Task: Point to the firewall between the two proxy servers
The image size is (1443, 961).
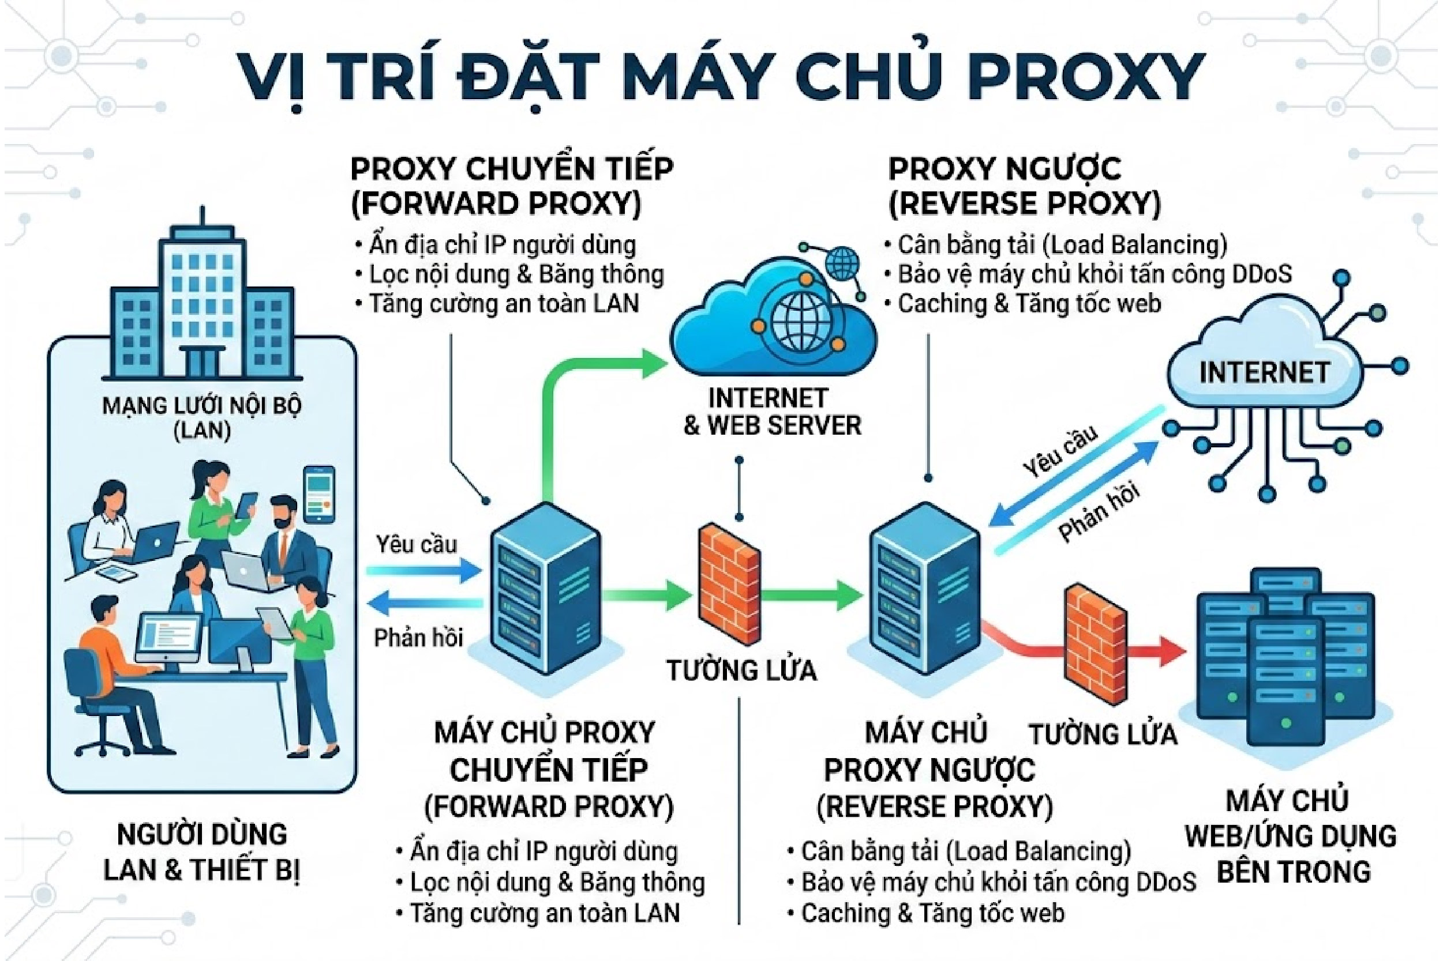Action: (729, 591)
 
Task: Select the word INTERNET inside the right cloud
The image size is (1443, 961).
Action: (1264, 372)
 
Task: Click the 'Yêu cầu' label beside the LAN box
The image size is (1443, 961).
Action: (417, 544)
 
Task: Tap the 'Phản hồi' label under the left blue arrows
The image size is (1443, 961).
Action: (418, 638)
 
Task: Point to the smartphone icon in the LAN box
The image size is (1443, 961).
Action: (320, 493)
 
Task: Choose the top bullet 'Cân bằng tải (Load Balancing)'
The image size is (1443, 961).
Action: (1061, 244)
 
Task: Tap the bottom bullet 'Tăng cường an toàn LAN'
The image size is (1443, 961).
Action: (545, 913)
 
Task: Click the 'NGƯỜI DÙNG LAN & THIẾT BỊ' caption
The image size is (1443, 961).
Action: (202, 852)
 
